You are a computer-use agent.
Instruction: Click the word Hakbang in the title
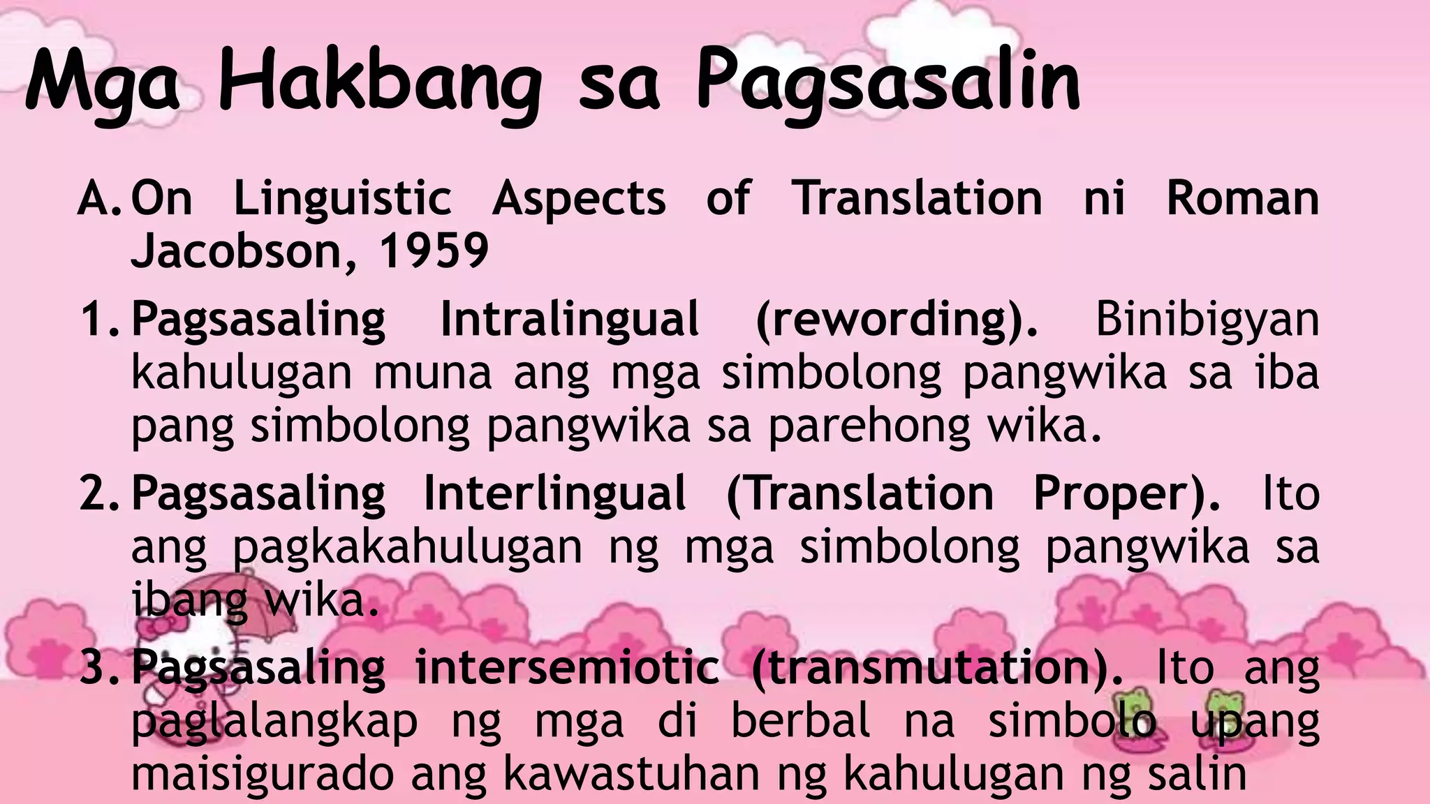pos(381,84)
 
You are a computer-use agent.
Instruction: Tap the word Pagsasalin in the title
pos(888,84)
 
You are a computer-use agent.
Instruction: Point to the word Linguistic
pos(342,198)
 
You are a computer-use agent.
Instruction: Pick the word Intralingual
pos(569,320)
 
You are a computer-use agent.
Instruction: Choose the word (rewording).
pos(897,320)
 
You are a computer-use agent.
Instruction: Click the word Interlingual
pos(555,494)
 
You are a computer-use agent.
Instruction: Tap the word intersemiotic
pos(567,667)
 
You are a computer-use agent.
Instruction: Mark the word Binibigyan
pos(1207,320)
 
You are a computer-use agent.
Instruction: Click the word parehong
pos(869,426)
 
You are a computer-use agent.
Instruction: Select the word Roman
pos(1243,198)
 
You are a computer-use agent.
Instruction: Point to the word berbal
pos(801,720)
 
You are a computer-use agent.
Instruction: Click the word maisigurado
pos(263,773)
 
